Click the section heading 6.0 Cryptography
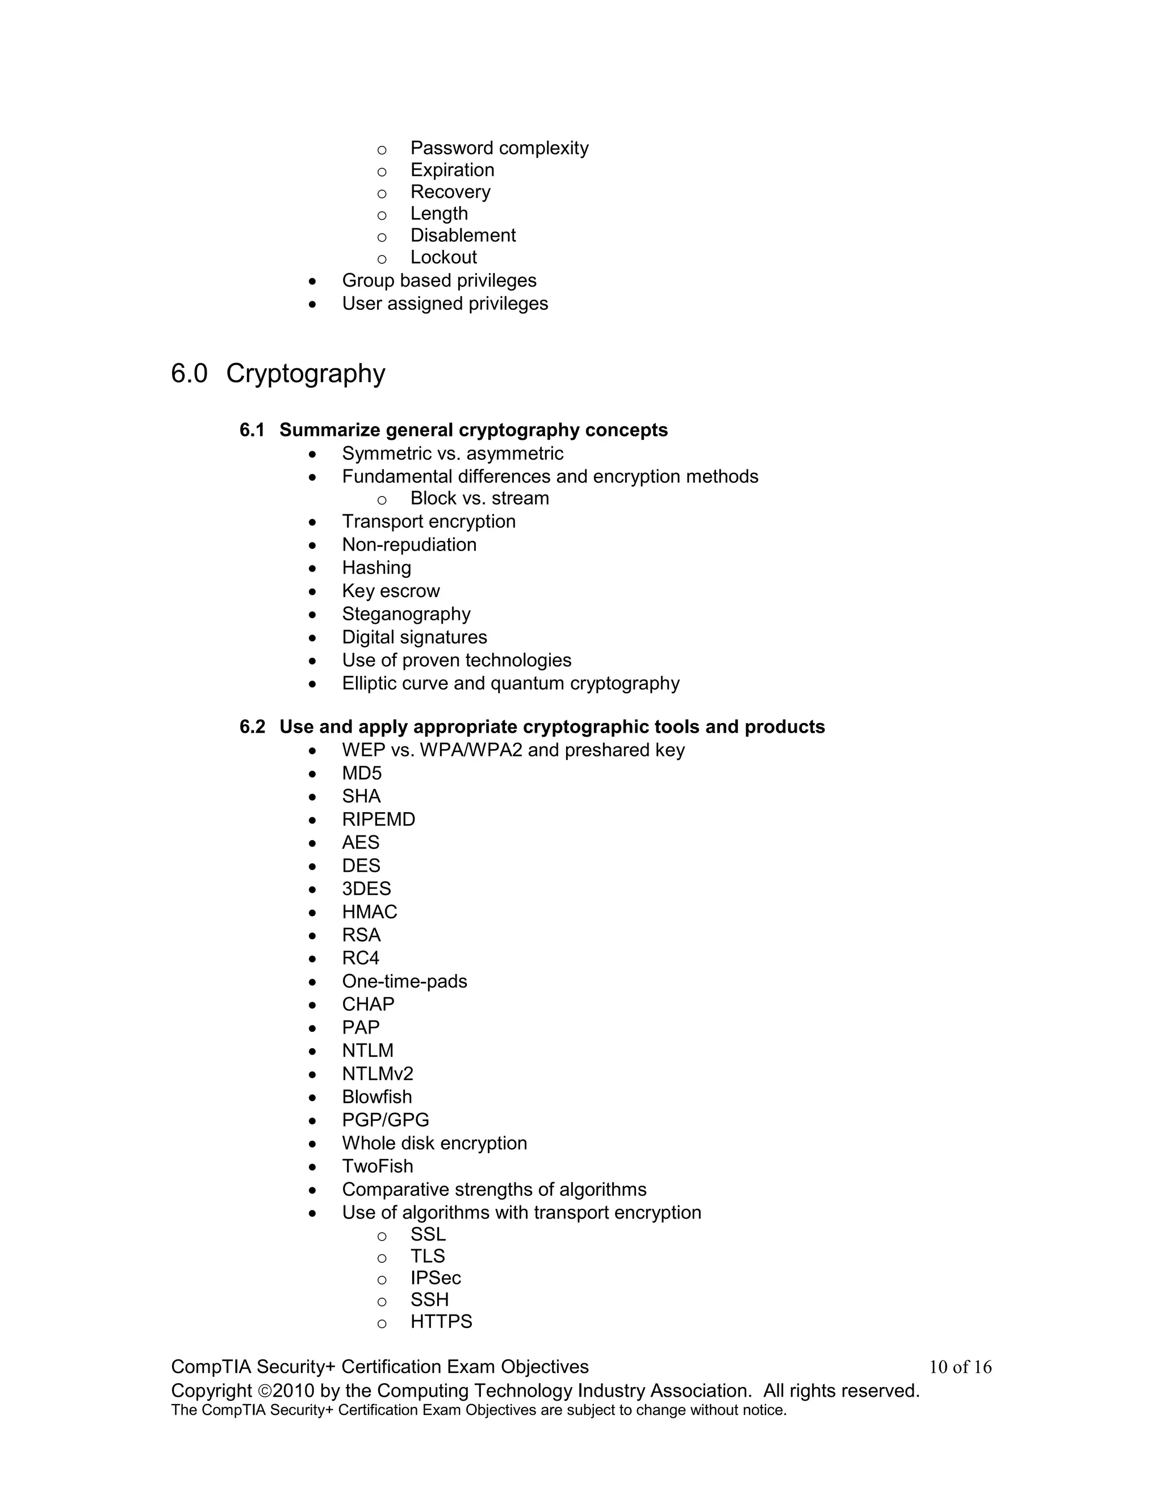278,374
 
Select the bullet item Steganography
406,614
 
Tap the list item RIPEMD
378,820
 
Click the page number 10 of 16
960,1367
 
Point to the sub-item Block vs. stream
479,498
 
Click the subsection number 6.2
252,726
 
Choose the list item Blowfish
377,1097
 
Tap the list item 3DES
366,888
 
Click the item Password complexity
499,148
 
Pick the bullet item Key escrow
391,591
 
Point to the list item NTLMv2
378,1074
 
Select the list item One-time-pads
404,981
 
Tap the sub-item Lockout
443,257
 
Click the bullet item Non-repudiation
409,545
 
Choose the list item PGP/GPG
385,1120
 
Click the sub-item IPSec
436,1278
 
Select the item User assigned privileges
445,304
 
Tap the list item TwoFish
378,1166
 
